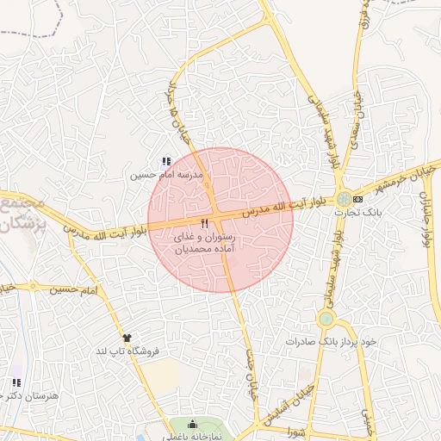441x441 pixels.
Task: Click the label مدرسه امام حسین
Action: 166,175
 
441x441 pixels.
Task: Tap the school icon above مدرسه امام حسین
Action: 166,161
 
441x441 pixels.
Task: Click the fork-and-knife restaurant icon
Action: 204,223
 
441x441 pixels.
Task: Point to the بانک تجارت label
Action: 372,211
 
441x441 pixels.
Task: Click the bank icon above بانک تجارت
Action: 358,200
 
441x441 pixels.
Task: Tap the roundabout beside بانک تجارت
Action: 344,199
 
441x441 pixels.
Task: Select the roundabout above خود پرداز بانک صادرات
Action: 325,320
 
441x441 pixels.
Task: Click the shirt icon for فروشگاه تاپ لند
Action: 128,338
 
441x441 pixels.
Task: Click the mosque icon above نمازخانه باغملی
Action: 192,424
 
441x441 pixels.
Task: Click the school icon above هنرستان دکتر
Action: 16,382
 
